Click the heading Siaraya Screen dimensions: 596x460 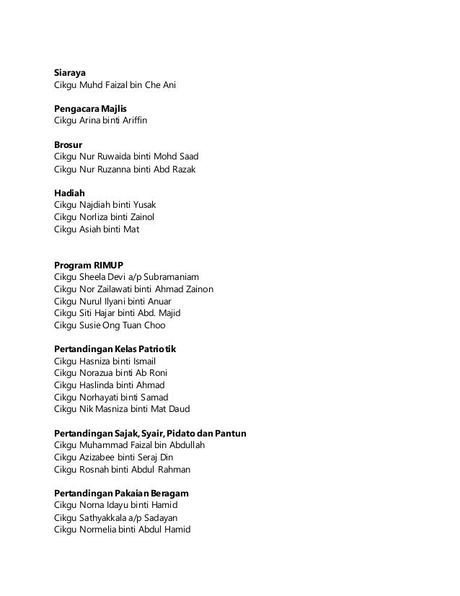point(70,73)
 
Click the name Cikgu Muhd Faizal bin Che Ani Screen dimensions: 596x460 point(115,85)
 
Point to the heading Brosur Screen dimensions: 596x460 point(68,144)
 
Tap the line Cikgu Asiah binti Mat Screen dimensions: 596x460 point(97,229)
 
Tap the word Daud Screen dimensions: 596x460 point(177,408)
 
